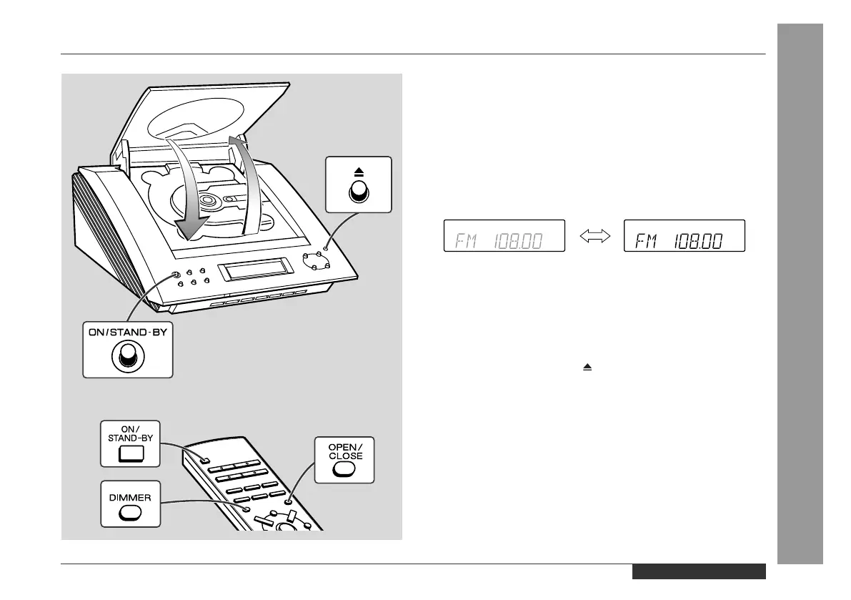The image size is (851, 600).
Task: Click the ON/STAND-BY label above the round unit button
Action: [x=128, y=332]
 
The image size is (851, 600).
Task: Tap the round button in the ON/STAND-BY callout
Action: [x=128, y=355]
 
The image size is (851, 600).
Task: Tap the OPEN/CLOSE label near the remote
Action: [x=346, y=451]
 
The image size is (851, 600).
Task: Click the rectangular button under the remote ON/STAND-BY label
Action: [x=129, y=453]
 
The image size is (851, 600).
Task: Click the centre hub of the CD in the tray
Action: [x=209, y=202]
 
